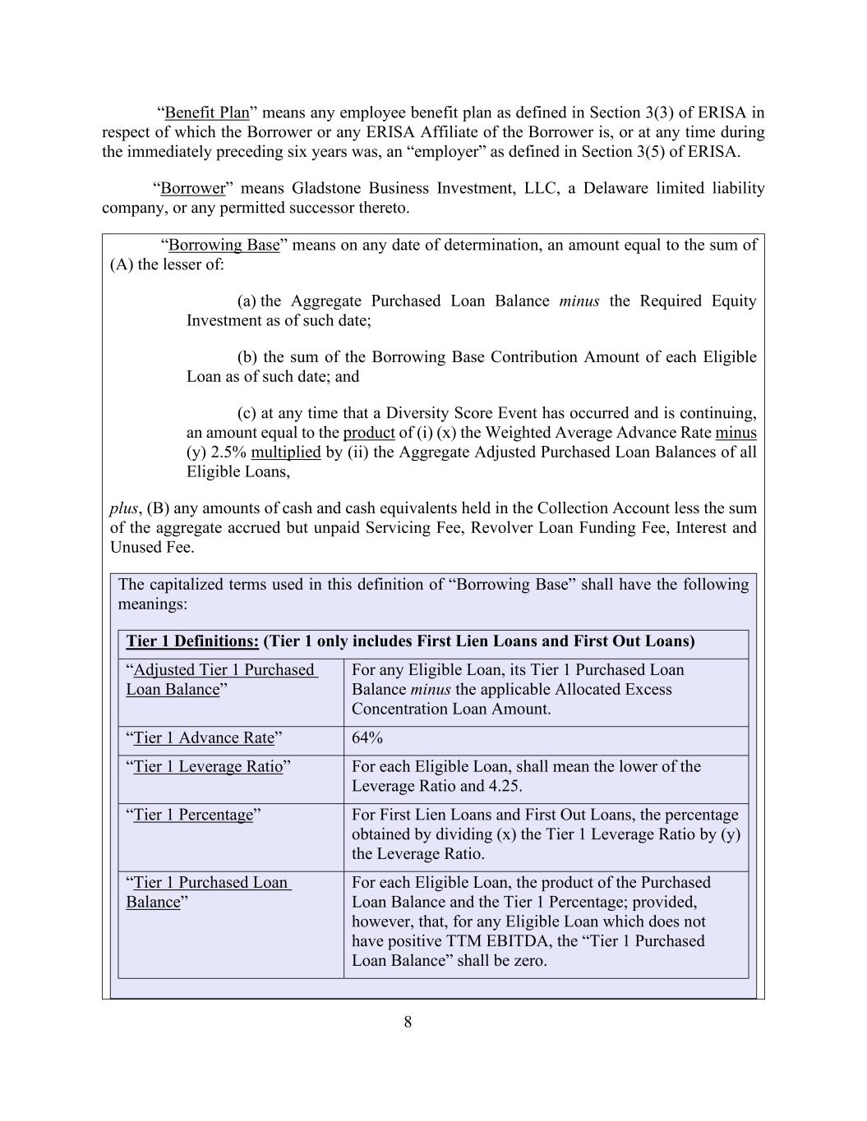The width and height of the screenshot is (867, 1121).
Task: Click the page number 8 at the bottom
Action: pos(408,1022)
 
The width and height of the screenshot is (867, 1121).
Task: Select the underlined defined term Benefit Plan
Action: pos(206,113)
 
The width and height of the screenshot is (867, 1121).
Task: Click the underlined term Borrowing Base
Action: pos(224,245)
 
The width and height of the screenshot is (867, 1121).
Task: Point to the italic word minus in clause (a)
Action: pos(579,301)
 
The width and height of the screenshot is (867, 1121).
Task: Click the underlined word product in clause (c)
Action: pos(368,432)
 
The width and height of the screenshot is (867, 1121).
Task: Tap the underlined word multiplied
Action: pos(285,452)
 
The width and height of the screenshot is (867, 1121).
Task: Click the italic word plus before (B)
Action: pos(124,508)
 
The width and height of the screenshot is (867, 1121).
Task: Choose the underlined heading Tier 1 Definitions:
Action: pos(192,641)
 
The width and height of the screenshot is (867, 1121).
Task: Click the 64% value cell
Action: pos(367,737)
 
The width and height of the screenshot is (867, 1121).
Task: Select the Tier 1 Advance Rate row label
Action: pos(203,737)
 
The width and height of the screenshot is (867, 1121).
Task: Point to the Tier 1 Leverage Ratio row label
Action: pos(208,766)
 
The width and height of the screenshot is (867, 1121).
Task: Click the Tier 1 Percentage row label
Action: pos(193,815)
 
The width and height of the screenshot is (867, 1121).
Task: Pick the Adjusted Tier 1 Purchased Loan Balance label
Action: pos(219,679)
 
